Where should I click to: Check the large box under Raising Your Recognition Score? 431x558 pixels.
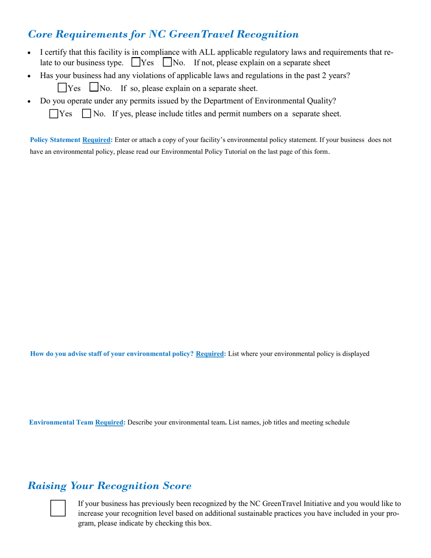click(x=58, y=508)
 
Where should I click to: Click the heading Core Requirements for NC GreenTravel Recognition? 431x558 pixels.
click(x=163, y=34)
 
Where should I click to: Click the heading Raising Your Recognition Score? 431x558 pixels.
click(x=109, y=486)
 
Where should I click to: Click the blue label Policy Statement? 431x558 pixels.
click(x=55, y=140)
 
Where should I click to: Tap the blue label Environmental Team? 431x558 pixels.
click(x=61, y=423)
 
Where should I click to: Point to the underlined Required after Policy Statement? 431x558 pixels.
click(x=97, y=140)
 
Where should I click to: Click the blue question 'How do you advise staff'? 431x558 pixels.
click(x=112, y=354)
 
